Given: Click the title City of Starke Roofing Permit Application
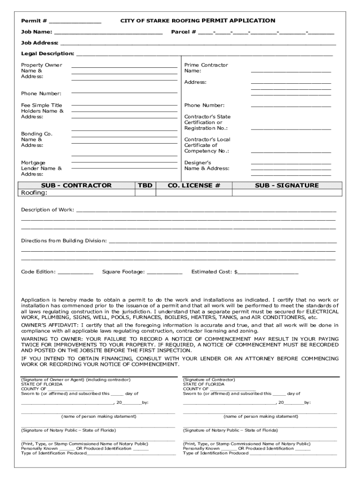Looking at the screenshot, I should (x=198, y=21).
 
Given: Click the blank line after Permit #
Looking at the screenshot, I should (x=75, y=22).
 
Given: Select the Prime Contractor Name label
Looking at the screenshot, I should (x=206, y=68).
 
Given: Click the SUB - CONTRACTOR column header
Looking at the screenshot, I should (x=76, y=185).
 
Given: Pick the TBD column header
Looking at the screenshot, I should (x=145, y=185).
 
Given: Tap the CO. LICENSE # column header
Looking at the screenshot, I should (x=194, y=185).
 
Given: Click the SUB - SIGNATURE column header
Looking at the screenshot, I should (x=287, y=185).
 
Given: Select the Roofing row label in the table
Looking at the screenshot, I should (x=34, y=193).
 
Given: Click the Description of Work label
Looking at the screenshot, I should (x=47, y=210).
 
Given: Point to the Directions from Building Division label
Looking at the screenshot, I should (x=64, y=241).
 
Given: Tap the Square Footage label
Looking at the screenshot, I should (x=123, y=272).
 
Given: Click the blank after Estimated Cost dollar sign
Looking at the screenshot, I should (x=268, y=272).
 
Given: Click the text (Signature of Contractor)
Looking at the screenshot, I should (x=209, y=380).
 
